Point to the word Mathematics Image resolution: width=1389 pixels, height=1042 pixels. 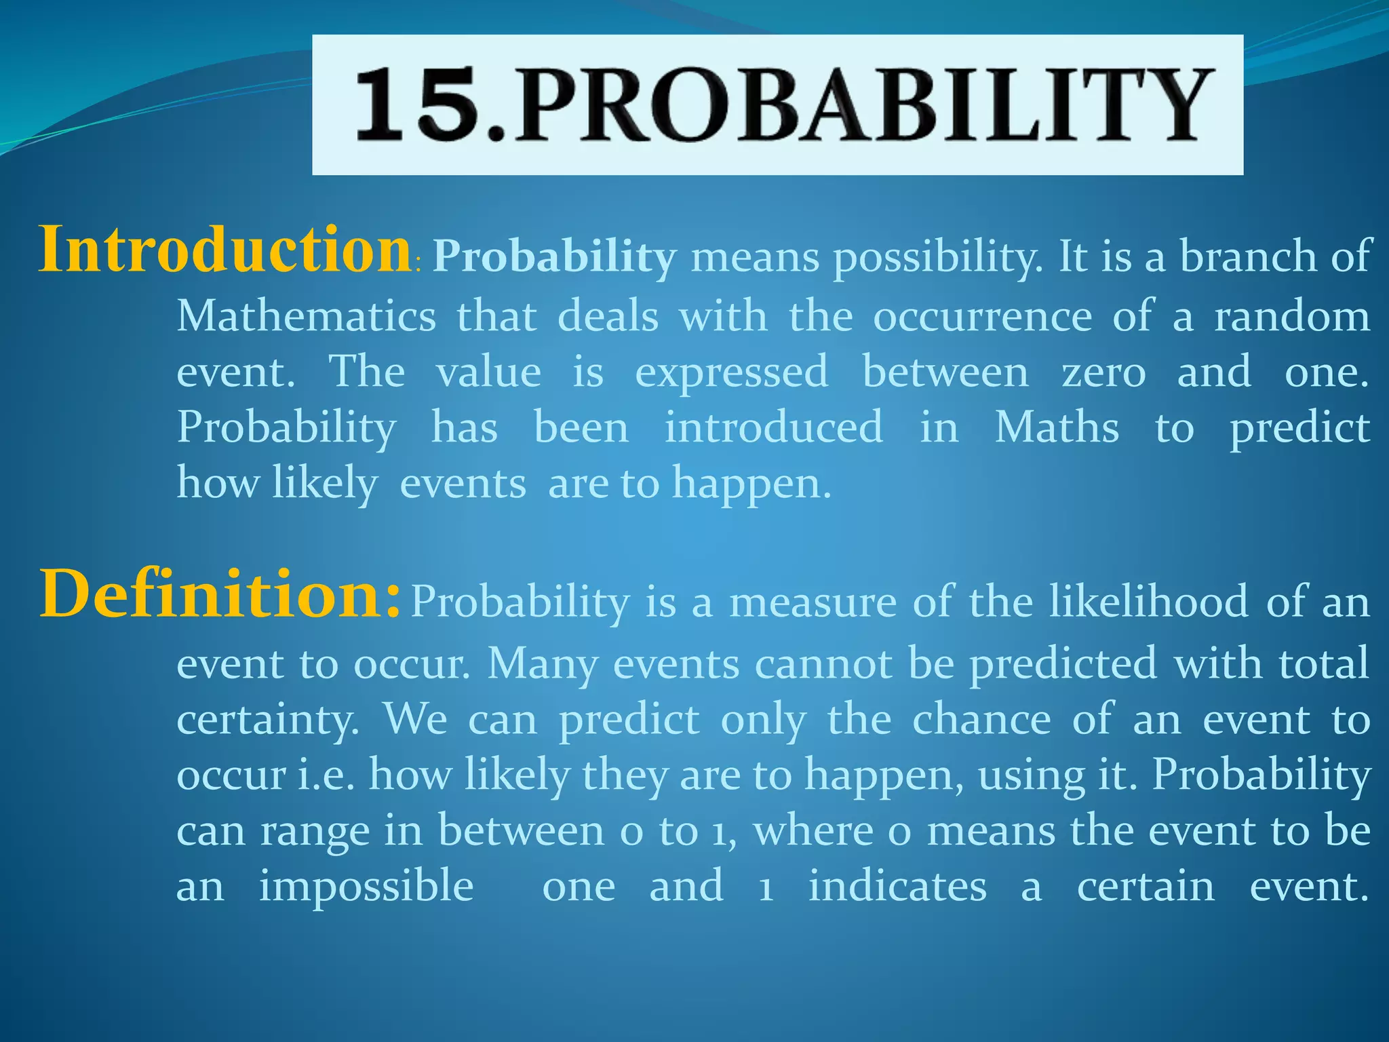pos(306,316)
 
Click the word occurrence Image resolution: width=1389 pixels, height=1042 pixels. pos(982,316)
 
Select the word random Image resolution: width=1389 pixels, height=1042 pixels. pos(1291,316)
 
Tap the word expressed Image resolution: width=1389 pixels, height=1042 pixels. pos(731,372)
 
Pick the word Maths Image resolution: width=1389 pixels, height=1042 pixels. pos(1057,427)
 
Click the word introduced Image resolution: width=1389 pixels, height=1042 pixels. pos(773,427)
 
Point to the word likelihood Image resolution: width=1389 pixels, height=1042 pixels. pos(1148,601)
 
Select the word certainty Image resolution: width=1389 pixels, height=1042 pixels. pos(267,720)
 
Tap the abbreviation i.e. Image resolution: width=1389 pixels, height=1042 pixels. pos(326,775)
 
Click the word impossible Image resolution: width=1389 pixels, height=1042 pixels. pos(366,886)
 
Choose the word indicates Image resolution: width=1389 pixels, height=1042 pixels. pos(897,886)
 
